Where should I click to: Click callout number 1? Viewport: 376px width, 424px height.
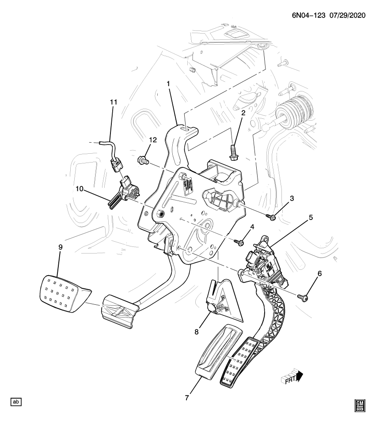point(168,83)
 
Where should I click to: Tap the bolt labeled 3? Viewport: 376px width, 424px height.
point(273,217)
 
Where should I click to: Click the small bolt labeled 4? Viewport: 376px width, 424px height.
point(240,242)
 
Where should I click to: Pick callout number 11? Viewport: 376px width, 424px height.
point(113,102)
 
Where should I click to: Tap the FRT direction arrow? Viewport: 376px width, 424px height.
point(293,378)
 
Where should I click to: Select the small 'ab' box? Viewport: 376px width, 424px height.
point(16,402)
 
